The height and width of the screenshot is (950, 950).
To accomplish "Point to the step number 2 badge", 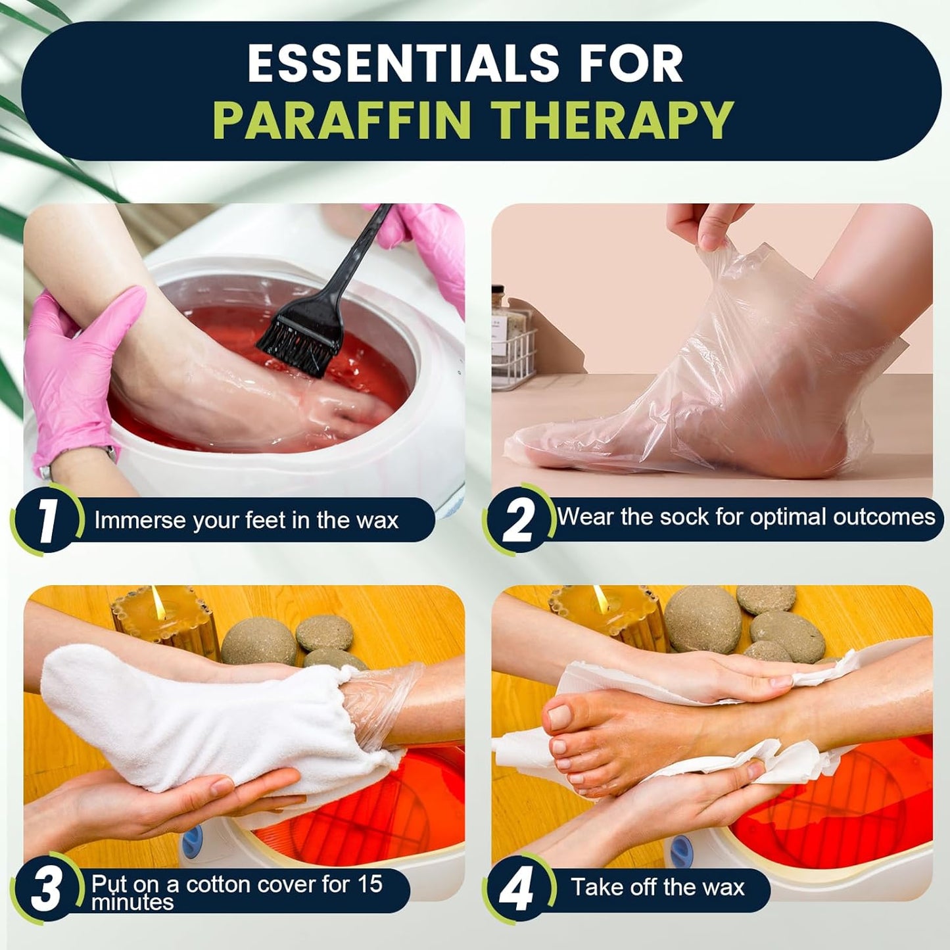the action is coord(517,521).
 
